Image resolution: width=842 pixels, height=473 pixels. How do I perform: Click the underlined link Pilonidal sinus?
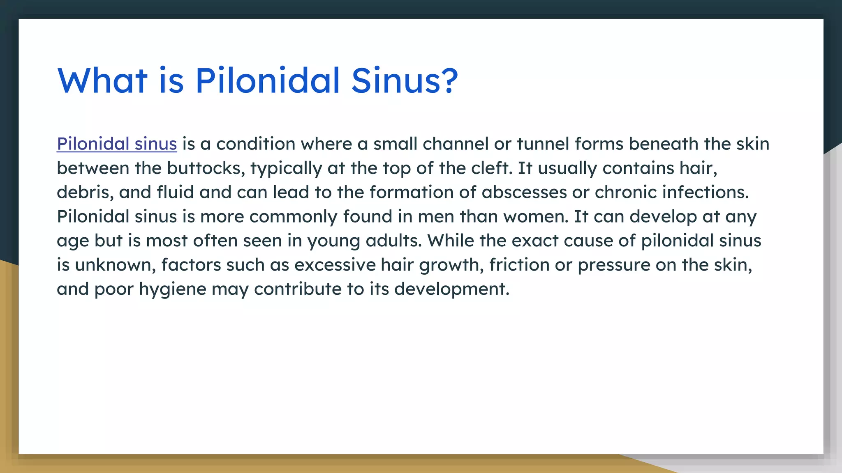[x=117, y=144]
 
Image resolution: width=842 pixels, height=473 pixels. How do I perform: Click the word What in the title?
[x=102, y=80]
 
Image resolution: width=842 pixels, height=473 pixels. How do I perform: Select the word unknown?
[x=115, y=265]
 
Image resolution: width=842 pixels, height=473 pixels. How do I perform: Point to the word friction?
[x=519, y=265]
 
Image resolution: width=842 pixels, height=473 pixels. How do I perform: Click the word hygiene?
[x=172, y=289]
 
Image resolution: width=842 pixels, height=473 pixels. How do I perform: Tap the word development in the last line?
[x=451, y=289]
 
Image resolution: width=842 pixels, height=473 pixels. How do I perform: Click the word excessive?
[x=335, y=265]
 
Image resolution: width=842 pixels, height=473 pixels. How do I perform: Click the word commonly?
[x=293, y=217]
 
